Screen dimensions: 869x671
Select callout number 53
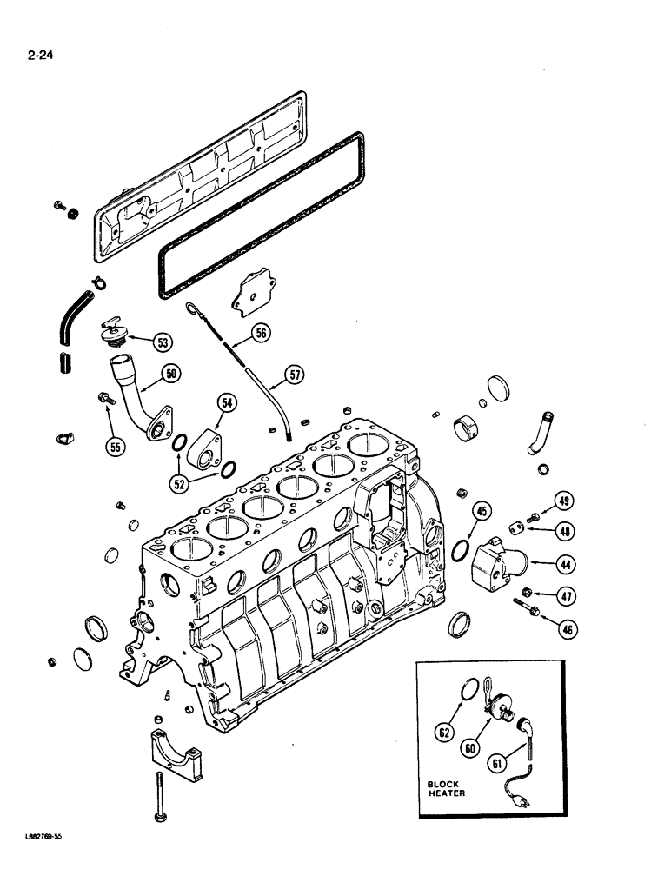[163, 342]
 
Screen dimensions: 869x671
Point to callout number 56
[260, 332]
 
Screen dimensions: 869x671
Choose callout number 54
[228, 402]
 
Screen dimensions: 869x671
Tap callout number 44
[566, 565]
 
